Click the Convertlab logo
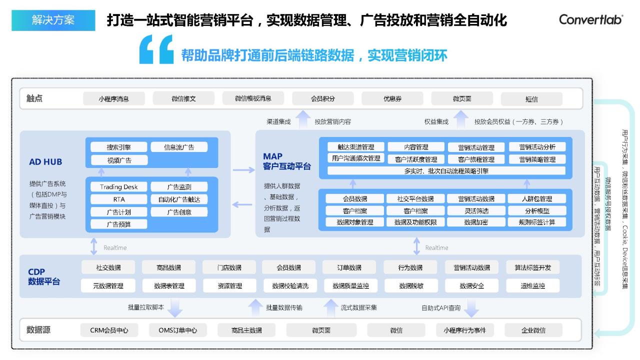pyautogui.click(x=591, y=19)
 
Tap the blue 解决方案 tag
pyautogui.click(x=53, y=20)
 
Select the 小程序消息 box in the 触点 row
pyautogui.click(x=113, y=99)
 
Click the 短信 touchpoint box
pyautogui.click(x=531, y=99)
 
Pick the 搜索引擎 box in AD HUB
pyautogui.click(x=118, y=147)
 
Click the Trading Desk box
pyautogui.click(x=118, y=187)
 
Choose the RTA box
pyautogui.click(x=118, y=199)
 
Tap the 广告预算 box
pyautogui.click(x=118, y=224)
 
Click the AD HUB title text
pyautogui.click(x=45, y=161)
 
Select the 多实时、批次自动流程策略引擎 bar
pyautogui.click(x=446, y=171)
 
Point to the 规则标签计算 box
pyautogui.click(x=537, y=222)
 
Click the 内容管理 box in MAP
pyautogui.click(x=416, y=147)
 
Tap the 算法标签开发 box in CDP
pyautogui.click(x=533, y=267)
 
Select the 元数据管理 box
pyautogui.click(x=108, y=285)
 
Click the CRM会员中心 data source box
pyautogui.click(x=109, y=330)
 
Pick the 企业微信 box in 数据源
pyautogui.click(x=533, y=330)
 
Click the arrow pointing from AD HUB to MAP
pyautogui.click(x=243, y=170)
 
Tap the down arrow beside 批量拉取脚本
pyautogui.click(x=175, y=308)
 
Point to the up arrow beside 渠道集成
pyautogui.click(x=303, y=119)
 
